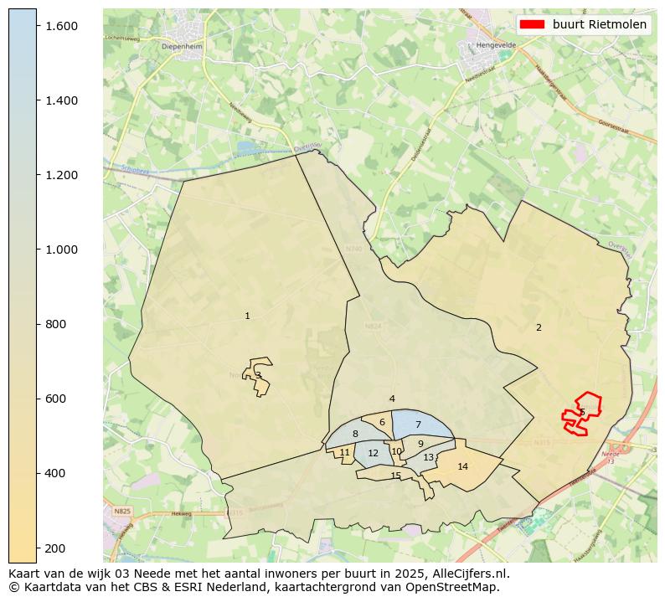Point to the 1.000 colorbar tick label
point(62,250)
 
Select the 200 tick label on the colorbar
point(56,548)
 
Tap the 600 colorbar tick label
point(56,399)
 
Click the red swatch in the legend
point(532,24)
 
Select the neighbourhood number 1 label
point(247,316)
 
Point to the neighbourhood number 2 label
point(539,327)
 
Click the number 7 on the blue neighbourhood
point(418,425)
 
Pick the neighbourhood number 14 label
point(462,466)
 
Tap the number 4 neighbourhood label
point(392,399)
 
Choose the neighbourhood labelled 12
point(374,454)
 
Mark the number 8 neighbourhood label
point(355,434)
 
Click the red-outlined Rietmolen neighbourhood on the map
point(582,413)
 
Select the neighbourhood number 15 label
point(396,476)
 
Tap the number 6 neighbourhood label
point(382,423)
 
